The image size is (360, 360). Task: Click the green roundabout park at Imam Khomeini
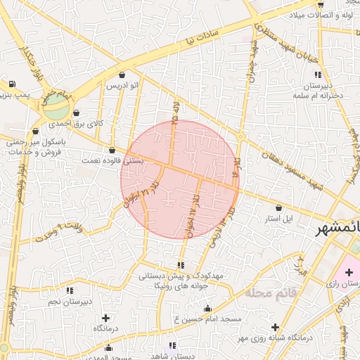[x=56, y=108]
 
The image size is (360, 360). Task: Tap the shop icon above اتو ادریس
[x=123, y=75]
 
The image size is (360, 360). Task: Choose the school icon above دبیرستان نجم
[x=69, y=290]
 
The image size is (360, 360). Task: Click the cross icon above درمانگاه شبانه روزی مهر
[x=275, y=327]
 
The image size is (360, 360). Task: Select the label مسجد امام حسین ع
[x=207, y=319]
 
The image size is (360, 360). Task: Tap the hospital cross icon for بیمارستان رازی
[x=349, y=272]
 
